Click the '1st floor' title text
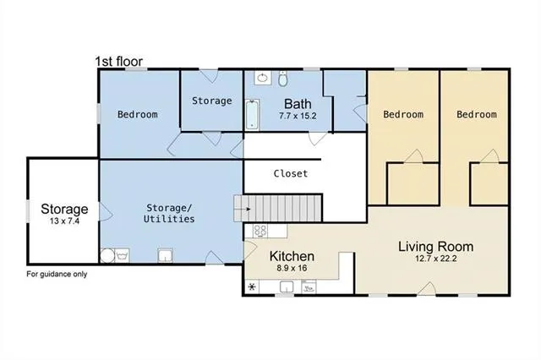point(118,62)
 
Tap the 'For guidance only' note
point(57,274)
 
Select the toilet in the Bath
point(284,79)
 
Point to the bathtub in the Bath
point(251,115)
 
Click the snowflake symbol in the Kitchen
point(252,287)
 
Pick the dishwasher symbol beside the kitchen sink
point(309,287)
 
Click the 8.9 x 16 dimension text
point(292,269)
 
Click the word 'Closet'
point(290,174)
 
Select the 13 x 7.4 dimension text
point(64,222)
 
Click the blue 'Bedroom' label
point(137,114)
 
